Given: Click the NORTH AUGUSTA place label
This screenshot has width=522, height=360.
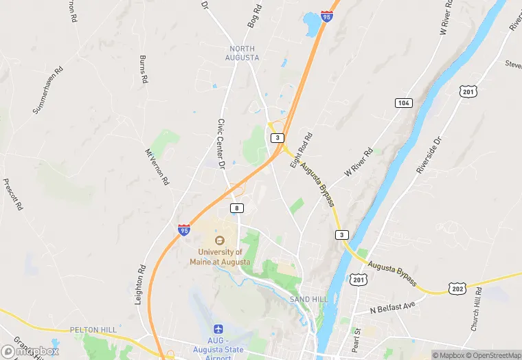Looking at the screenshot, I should [x=242, y=53].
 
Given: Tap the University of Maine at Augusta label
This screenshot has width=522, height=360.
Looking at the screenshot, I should [x=220, y=256].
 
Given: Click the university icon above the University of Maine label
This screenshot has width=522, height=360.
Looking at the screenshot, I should [x=220, y=240].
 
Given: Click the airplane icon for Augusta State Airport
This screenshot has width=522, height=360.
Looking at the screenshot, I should [x=219, y=330].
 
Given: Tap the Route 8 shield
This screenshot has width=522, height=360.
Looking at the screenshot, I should [x=237, y=207].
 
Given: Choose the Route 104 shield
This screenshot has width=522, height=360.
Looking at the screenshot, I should [x=404, y=103].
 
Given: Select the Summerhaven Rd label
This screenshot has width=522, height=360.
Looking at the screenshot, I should [x=48, y=90].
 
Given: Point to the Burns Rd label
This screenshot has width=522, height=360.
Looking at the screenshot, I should [x=144, y=69].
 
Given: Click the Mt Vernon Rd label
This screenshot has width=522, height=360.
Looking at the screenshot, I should [x=157, y=168].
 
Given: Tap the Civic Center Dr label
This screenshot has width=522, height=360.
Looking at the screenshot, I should [x=222, y=143].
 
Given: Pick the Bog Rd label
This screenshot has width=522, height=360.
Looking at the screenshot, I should [x=255, y=16].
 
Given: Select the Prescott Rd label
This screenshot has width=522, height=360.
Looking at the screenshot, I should [x=14, y=194].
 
